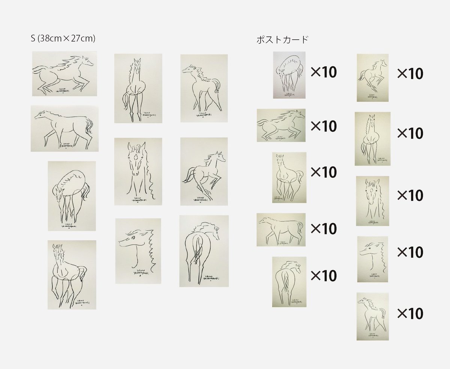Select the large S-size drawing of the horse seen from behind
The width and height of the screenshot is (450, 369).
(204, 251)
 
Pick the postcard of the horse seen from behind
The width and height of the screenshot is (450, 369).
(289, 282)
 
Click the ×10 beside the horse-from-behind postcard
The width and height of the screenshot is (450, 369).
(324, 276)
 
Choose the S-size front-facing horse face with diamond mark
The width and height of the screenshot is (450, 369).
(138, 171)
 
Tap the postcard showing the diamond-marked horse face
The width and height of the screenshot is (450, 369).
(372, 201)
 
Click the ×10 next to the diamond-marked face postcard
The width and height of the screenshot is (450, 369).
(410, 195)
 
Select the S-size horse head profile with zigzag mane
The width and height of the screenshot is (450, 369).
(138, 251)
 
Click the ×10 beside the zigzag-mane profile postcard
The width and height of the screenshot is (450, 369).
(410, 252)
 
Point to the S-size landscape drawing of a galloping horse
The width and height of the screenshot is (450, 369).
(64, 74)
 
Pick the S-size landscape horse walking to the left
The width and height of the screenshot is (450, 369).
(64, 128)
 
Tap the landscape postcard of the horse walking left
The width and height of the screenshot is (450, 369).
(280, 230)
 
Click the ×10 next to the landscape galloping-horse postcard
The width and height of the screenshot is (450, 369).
(324, 126)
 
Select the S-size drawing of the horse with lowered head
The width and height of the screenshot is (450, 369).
(71, 196)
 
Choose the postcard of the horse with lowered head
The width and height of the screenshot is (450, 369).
(289, 75)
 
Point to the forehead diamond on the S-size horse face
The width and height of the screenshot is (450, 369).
(134, 159)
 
